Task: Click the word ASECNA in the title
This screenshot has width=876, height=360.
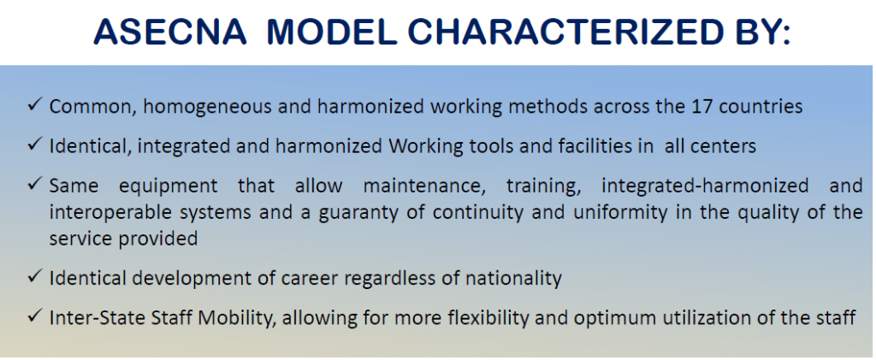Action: (x=170, y=32)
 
